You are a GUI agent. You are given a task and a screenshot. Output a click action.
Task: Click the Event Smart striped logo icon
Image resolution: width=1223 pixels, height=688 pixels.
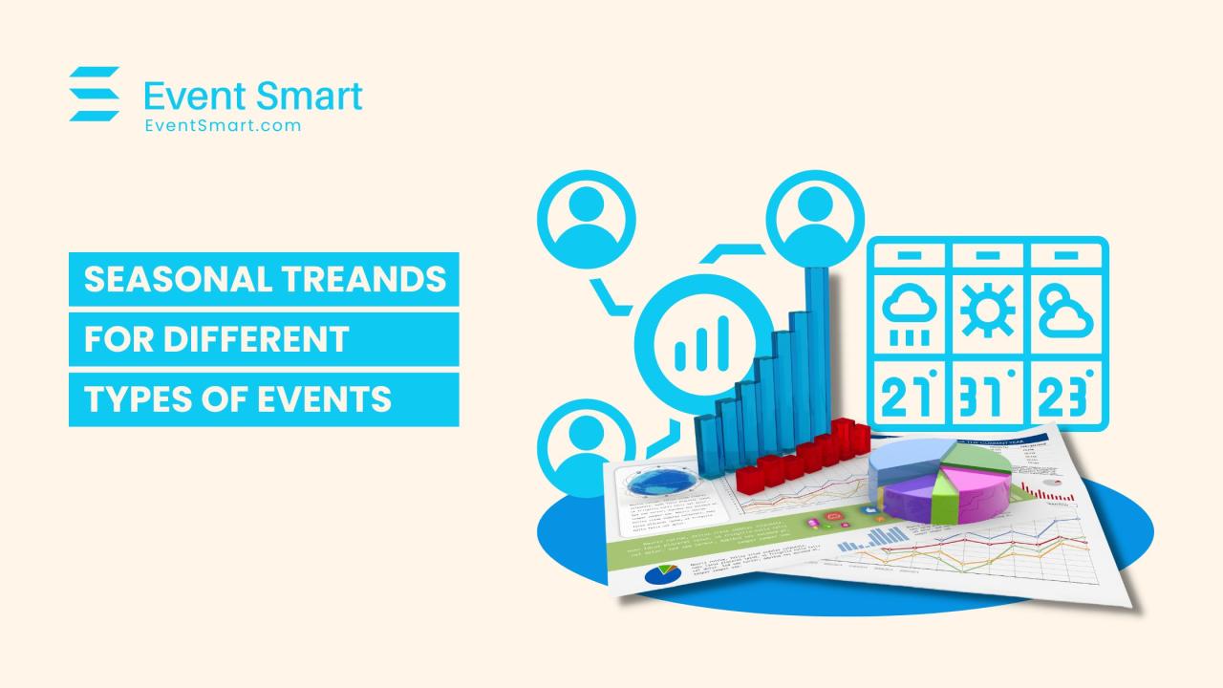coord(94,94)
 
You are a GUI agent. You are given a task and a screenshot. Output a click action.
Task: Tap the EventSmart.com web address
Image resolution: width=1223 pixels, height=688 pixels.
coord(223,124)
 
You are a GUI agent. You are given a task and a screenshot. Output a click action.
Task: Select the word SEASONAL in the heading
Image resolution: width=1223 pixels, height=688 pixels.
coord(161,279)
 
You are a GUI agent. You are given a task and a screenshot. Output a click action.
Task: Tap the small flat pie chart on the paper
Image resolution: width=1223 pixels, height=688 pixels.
coord(661,573)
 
